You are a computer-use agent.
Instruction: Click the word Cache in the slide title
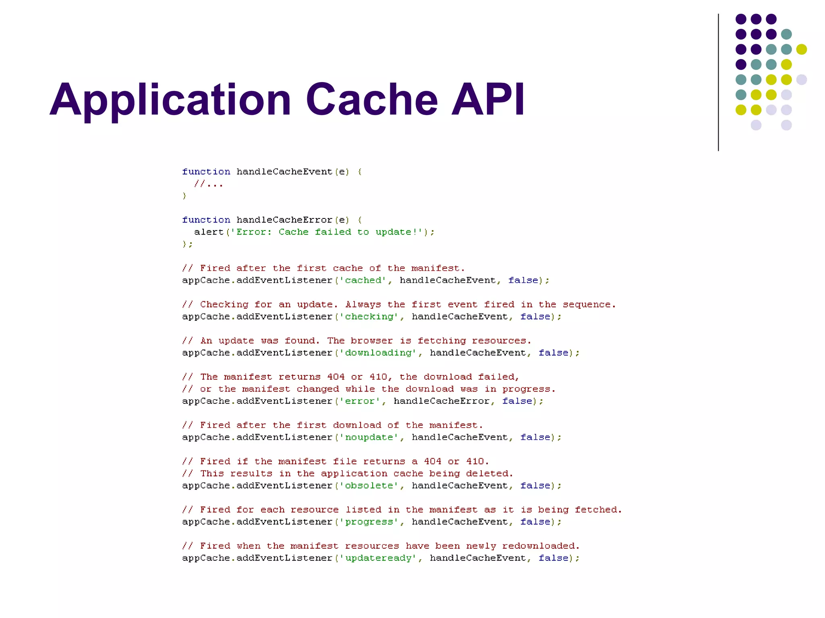click(371, 99)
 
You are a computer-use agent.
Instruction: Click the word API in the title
click(488, 99)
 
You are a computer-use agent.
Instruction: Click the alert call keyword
click(209, 232)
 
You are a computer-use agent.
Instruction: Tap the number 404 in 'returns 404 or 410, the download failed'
click(336, 377)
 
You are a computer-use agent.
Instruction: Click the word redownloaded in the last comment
click(540, 546)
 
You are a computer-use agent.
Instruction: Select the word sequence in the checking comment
click(588, 305)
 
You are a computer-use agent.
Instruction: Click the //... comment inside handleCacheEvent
click(209, 184)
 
